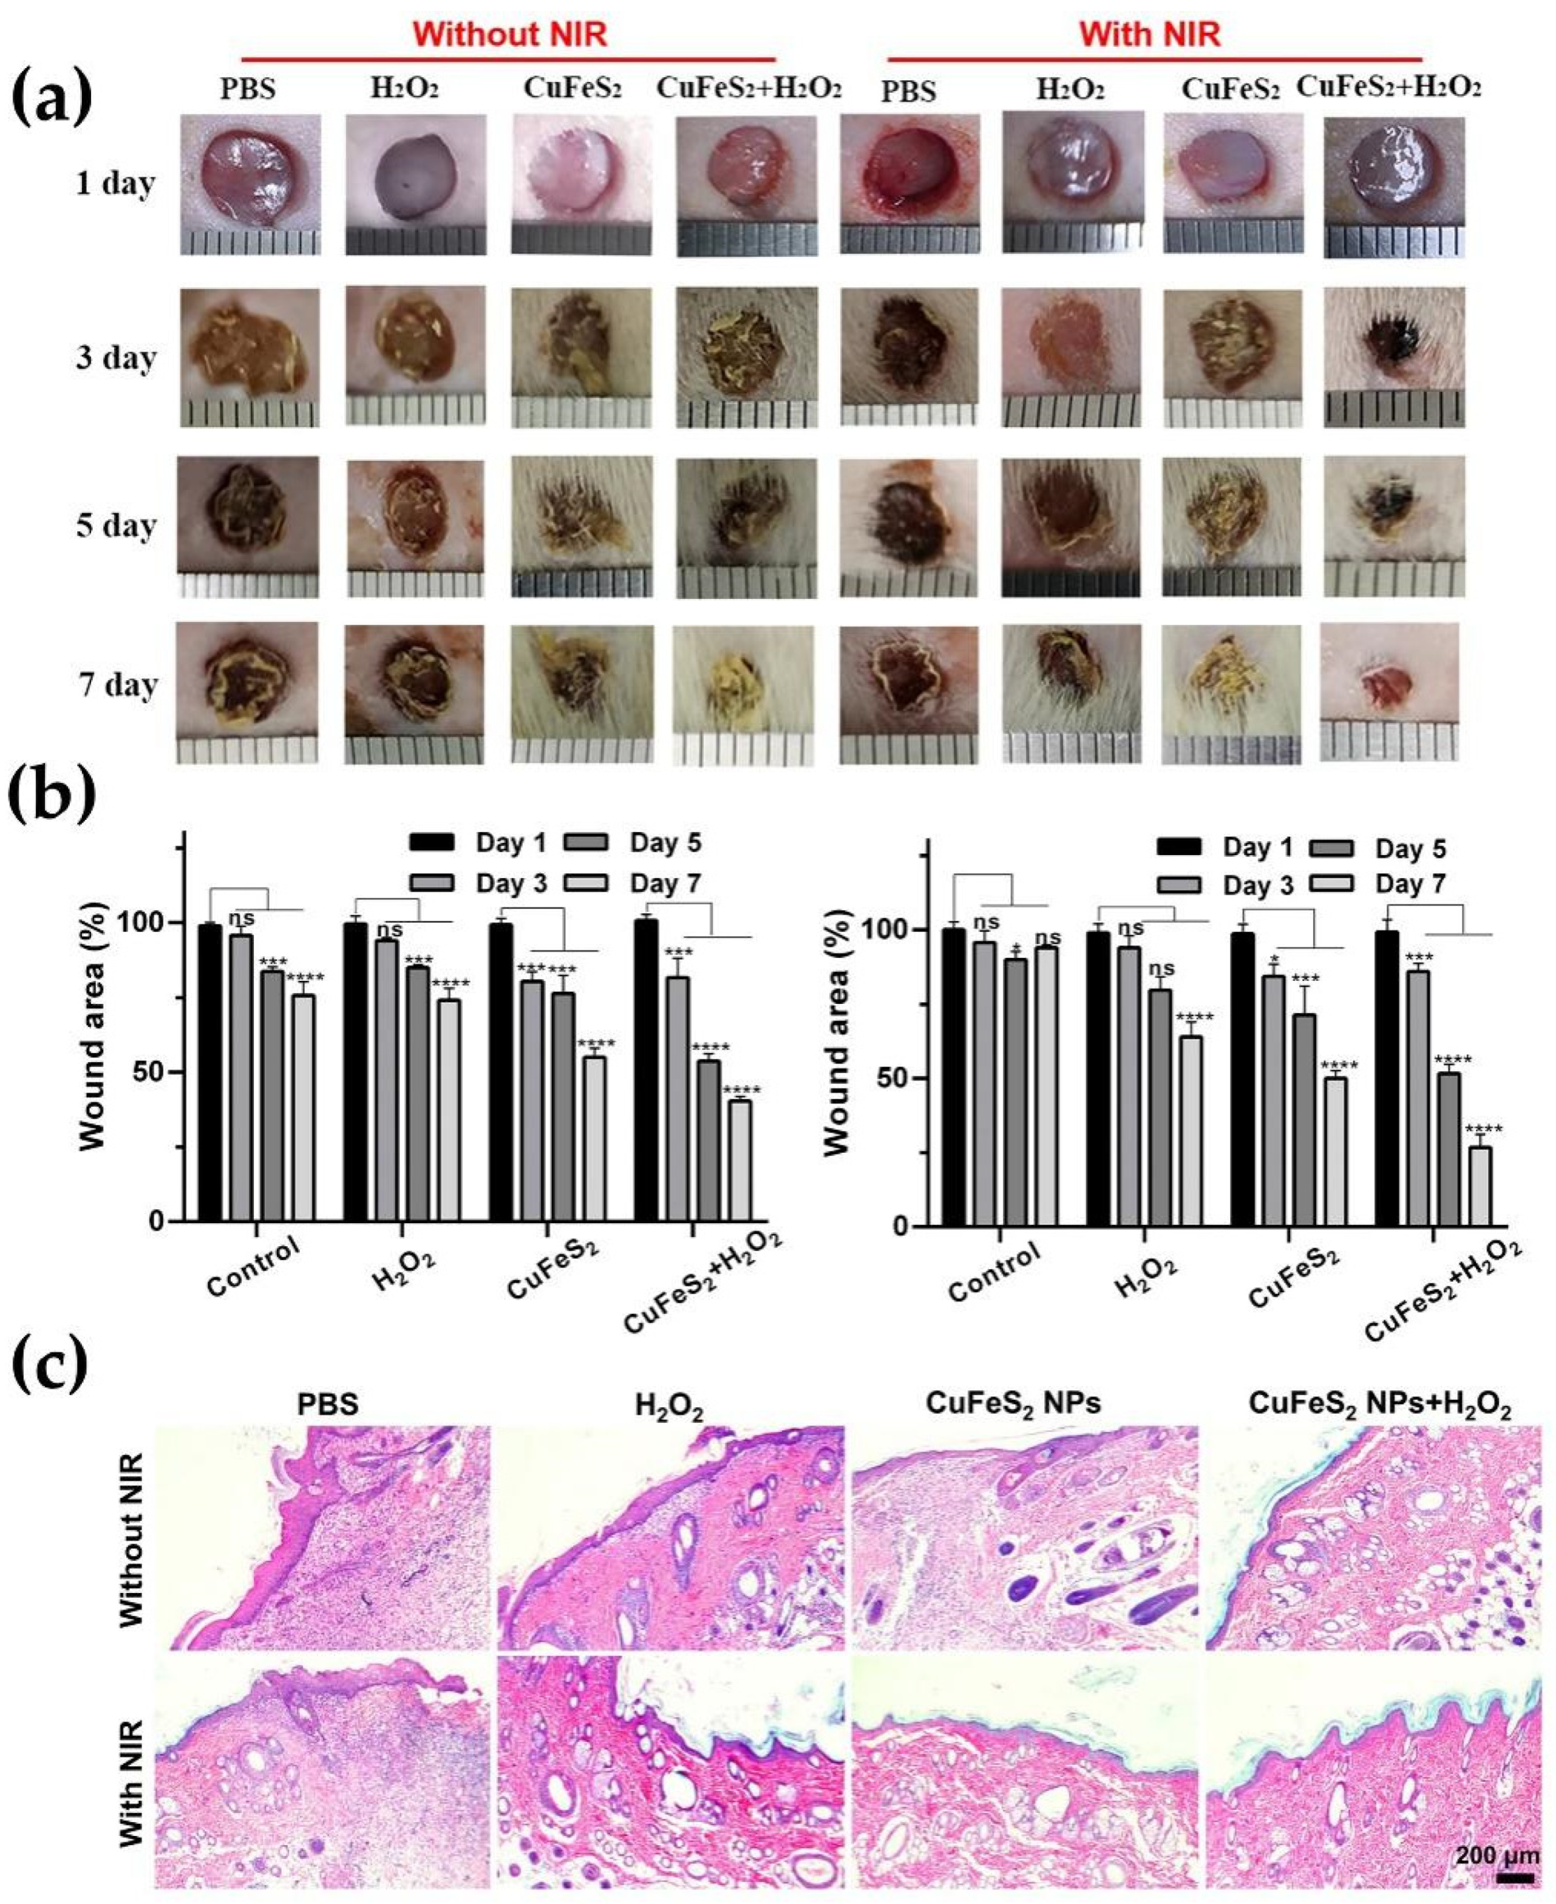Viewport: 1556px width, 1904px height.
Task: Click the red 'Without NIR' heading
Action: [510, 34]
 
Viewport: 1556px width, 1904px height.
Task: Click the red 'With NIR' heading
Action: [1149, 34]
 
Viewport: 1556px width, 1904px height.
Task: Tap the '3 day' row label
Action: [115, 358]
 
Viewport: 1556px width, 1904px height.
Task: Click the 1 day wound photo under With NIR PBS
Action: [908, 184]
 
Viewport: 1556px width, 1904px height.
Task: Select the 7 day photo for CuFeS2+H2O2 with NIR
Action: [1388, 691]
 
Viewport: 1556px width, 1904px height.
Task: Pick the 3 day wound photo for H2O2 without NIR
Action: [415, 356]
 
